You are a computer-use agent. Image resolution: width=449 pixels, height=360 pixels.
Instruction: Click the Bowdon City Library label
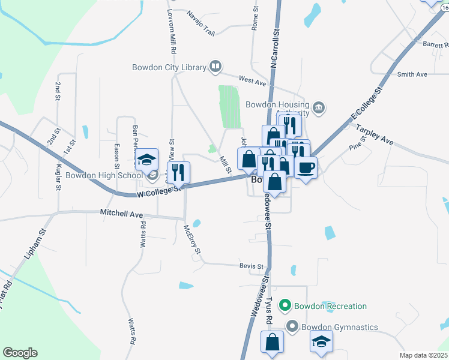point(169,67)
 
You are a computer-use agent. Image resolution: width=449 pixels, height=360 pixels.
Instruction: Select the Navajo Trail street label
point(200,15)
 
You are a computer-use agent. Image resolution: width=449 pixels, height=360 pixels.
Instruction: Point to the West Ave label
point(252,79)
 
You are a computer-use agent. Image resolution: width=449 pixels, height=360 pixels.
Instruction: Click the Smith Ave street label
point(412,74)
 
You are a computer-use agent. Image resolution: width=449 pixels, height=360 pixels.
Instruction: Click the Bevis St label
point(252,266)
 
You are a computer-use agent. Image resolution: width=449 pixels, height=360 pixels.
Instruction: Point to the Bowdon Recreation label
point(330,306)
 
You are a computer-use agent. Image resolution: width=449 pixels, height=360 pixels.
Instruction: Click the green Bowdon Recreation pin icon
point(286,306)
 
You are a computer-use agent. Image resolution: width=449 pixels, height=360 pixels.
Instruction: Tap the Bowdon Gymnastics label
point(340,327)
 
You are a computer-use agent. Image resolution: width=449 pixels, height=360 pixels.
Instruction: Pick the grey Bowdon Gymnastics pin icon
point(292,327)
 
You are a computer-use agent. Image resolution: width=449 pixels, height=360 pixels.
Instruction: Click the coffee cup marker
point(306,167)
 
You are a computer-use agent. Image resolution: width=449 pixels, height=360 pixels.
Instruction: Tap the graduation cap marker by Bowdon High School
point(146,159)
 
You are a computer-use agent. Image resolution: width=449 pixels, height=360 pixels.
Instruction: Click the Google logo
point(20,353)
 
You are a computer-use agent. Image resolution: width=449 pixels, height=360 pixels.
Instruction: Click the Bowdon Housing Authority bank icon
point(319,108)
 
